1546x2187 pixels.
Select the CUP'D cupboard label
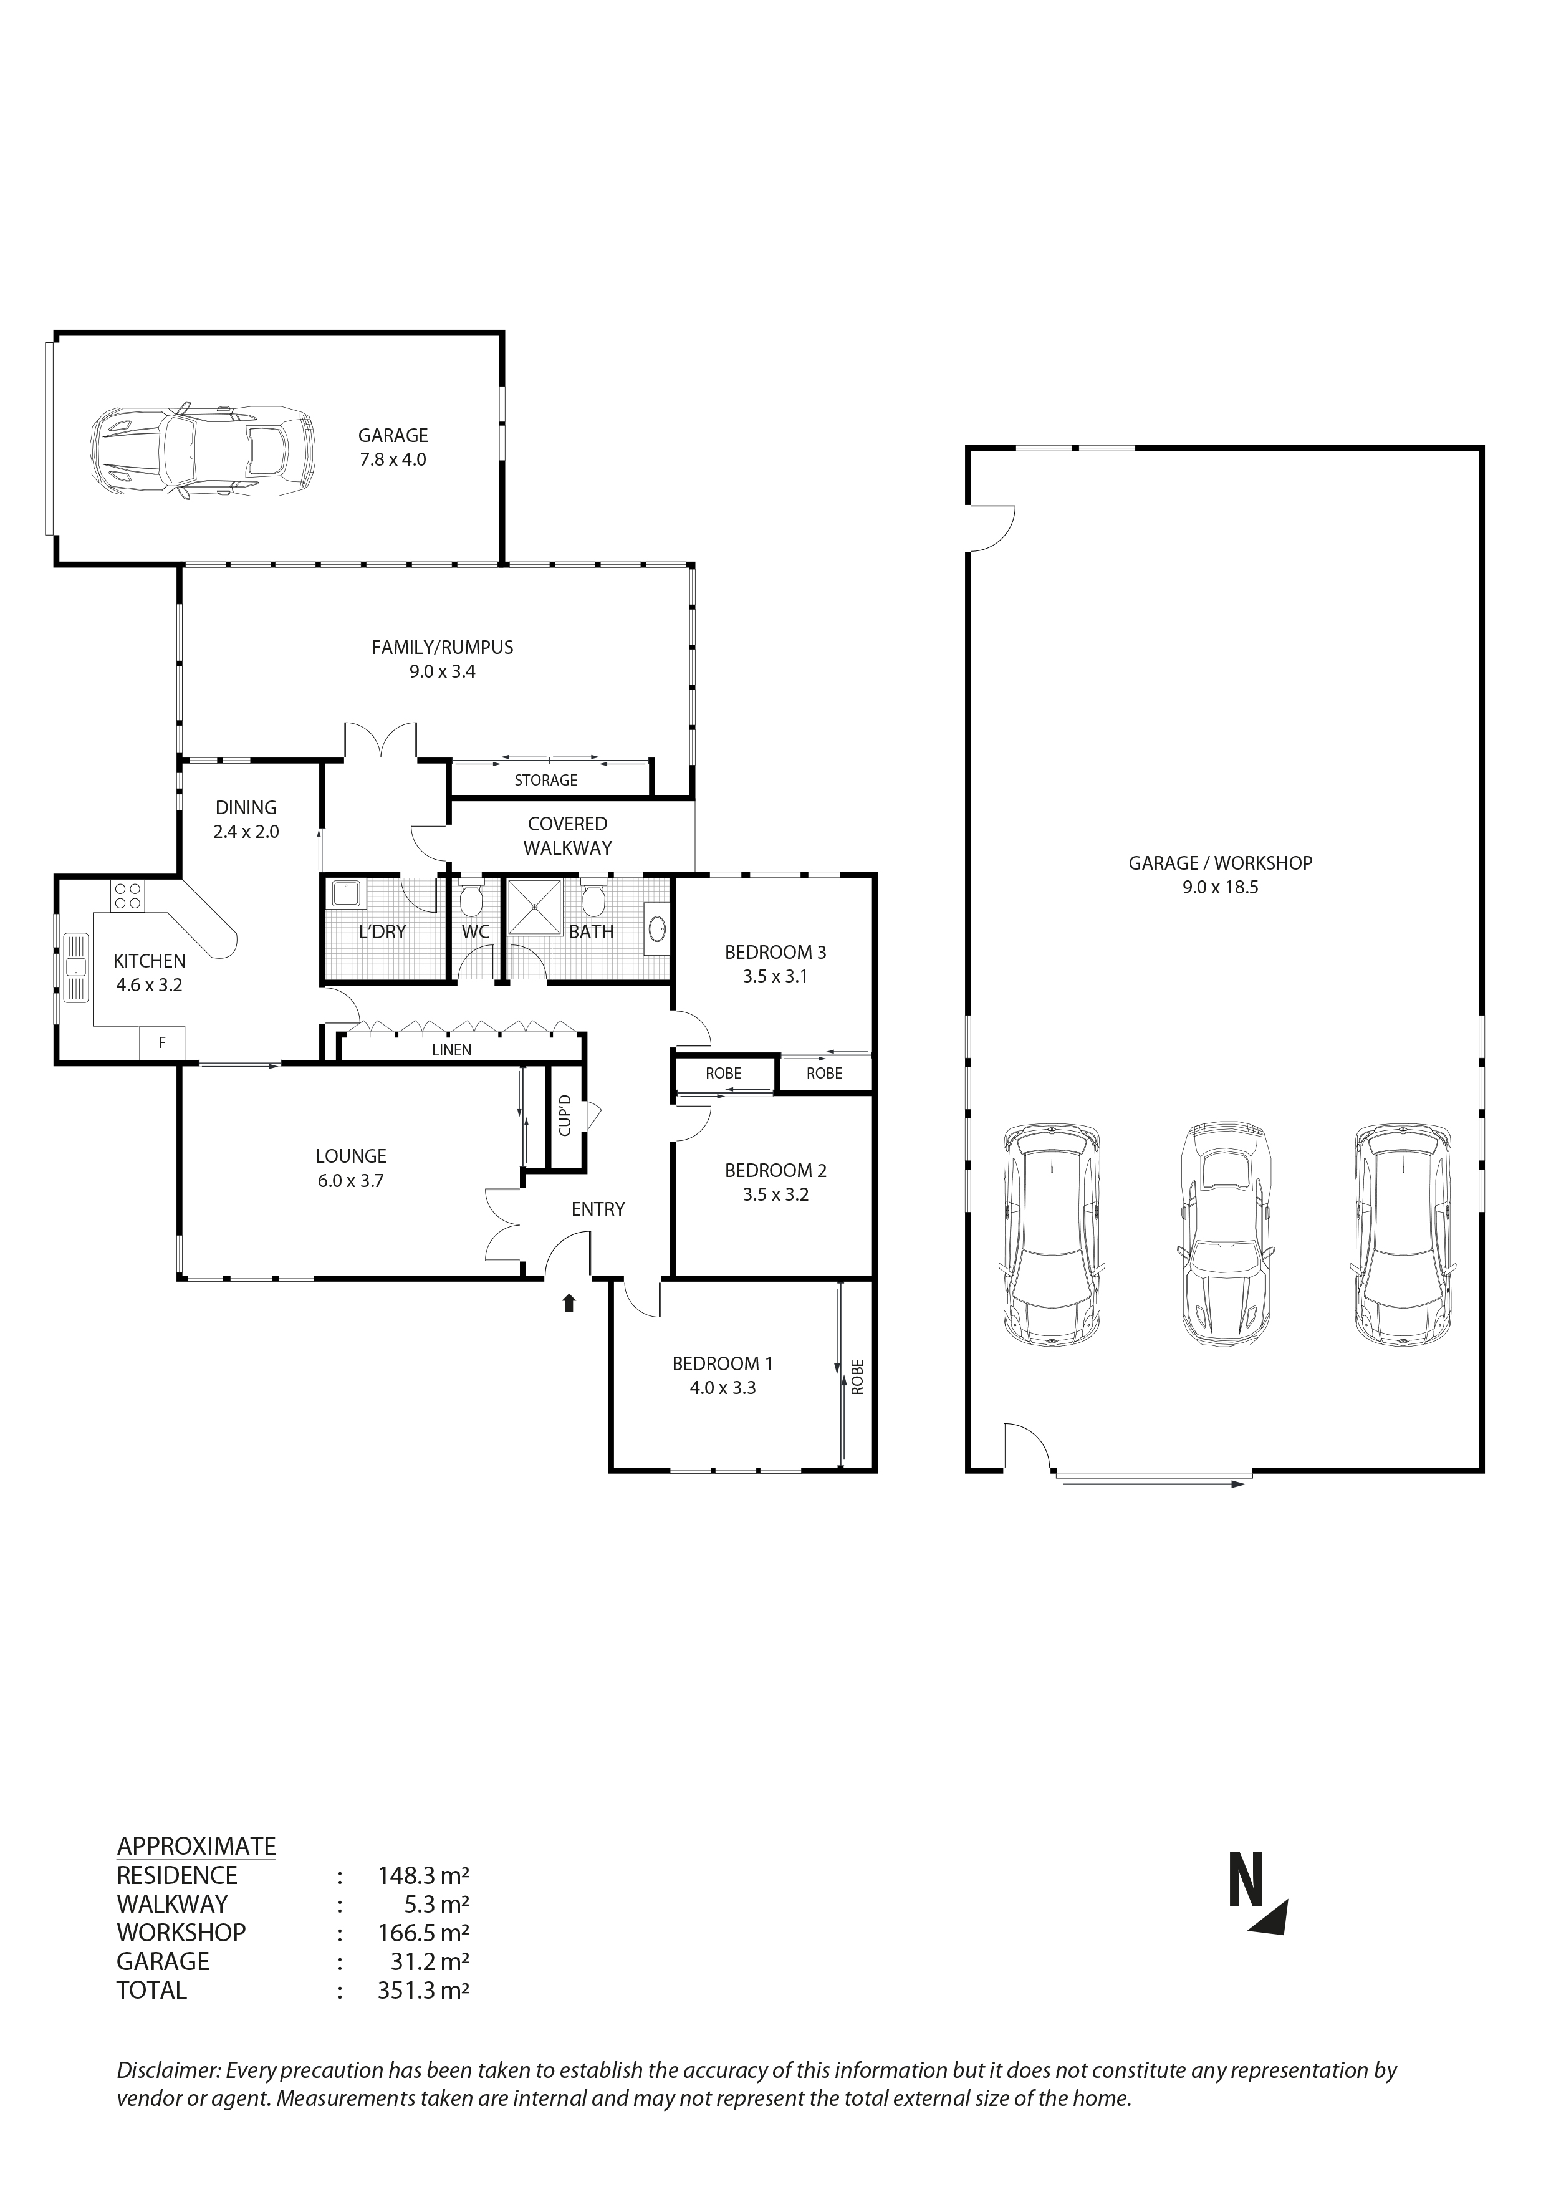565,1117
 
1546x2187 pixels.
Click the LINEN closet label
451,1050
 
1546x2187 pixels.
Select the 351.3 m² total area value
423,1990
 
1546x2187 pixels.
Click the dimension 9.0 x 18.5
1220,887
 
